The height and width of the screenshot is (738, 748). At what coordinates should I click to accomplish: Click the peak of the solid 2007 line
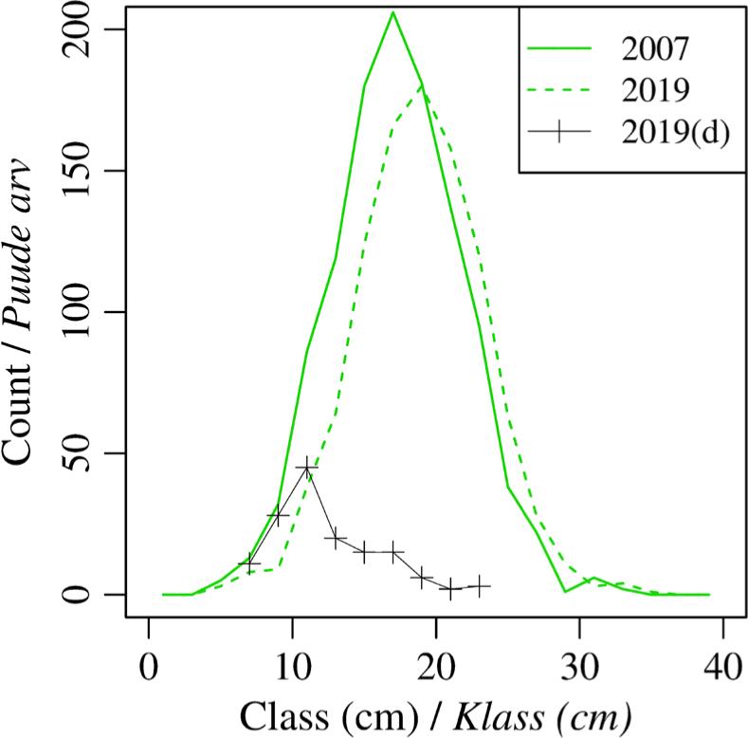[392, 11]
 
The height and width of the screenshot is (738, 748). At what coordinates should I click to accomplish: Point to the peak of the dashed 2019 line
[421, 85]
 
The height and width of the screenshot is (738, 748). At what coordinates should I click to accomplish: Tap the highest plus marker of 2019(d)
[306, 468]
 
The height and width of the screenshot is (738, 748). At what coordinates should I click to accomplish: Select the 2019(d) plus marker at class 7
[248, 563]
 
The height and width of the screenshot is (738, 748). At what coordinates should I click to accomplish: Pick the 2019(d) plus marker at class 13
[335, 538]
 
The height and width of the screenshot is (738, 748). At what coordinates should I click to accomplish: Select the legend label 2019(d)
[674, 133]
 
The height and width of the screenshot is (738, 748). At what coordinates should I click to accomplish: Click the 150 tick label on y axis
[93, 171]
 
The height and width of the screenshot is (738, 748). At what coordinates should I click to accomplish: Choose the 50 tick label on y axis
[93, 453]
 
